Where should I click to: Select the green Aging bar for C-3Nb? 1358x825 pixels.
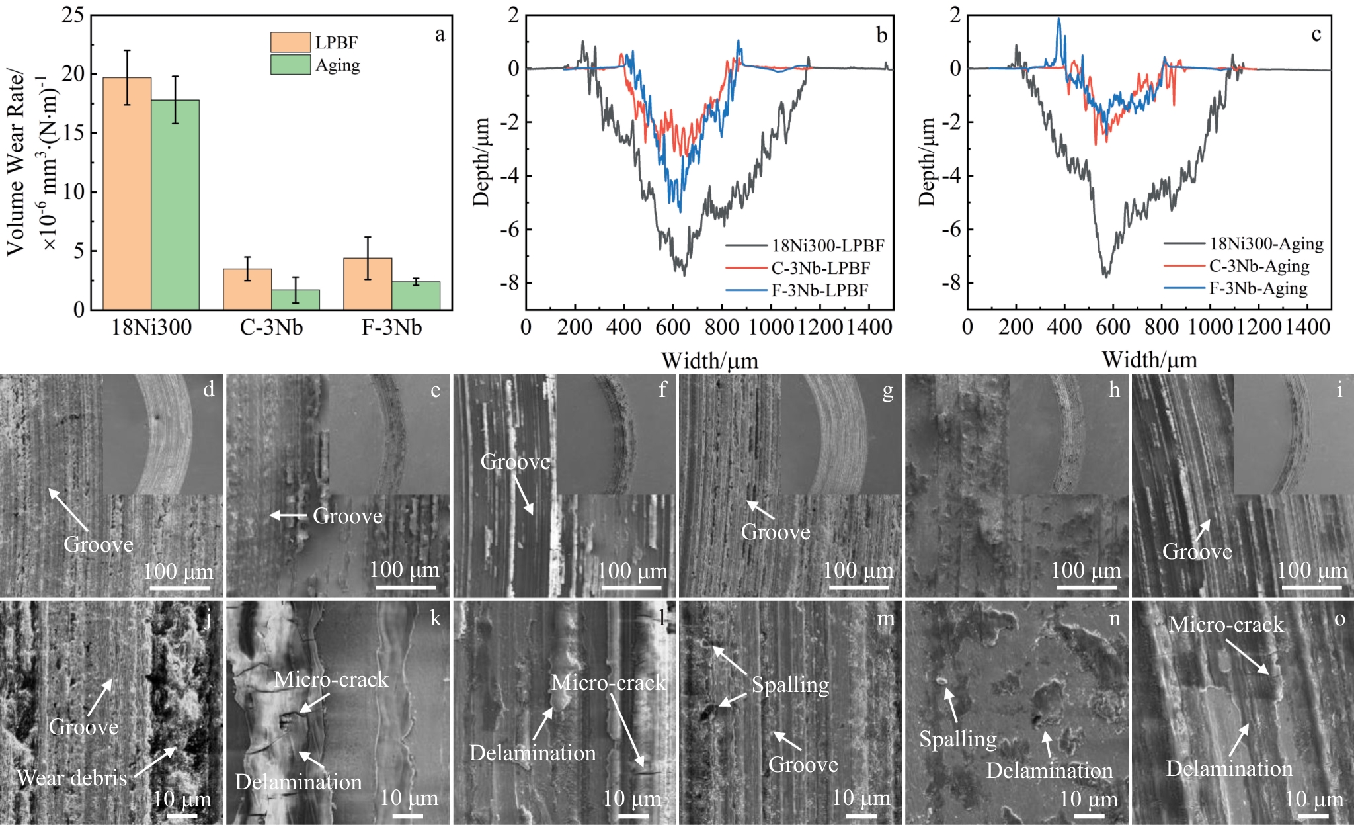296,300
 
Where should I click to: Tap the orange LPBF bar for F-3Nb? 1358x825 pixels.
368,284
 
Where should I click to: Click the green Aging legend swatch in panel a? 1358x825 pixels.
290,65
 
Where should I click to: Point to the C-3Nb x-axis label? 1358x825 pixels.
271,327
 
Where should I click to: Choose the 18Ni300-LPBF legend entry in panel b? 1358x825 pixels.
827,246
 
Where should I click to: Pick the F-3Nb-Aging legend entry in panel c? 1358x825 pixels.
1258,288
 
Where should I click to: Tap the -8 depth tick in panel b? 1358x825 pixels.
510,283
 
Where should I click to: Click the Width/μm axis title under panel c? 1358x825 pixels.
1149,360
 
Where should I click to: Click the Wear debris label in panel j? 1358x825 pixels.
72,778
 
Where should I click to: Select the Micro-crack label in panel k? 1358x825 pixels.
331,679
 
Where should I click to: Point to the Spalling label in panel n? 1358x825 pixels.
958,739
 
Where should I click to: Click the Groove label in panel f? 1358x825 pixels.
515,462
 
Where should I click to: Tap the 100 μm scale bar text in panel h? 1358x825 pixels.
1086,570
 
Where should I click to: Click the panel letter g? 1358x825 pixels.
888,391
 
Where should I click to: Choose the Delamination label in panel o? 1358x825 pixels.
1229,769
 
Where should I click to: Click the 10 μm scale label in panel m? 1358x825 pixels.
861,798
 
